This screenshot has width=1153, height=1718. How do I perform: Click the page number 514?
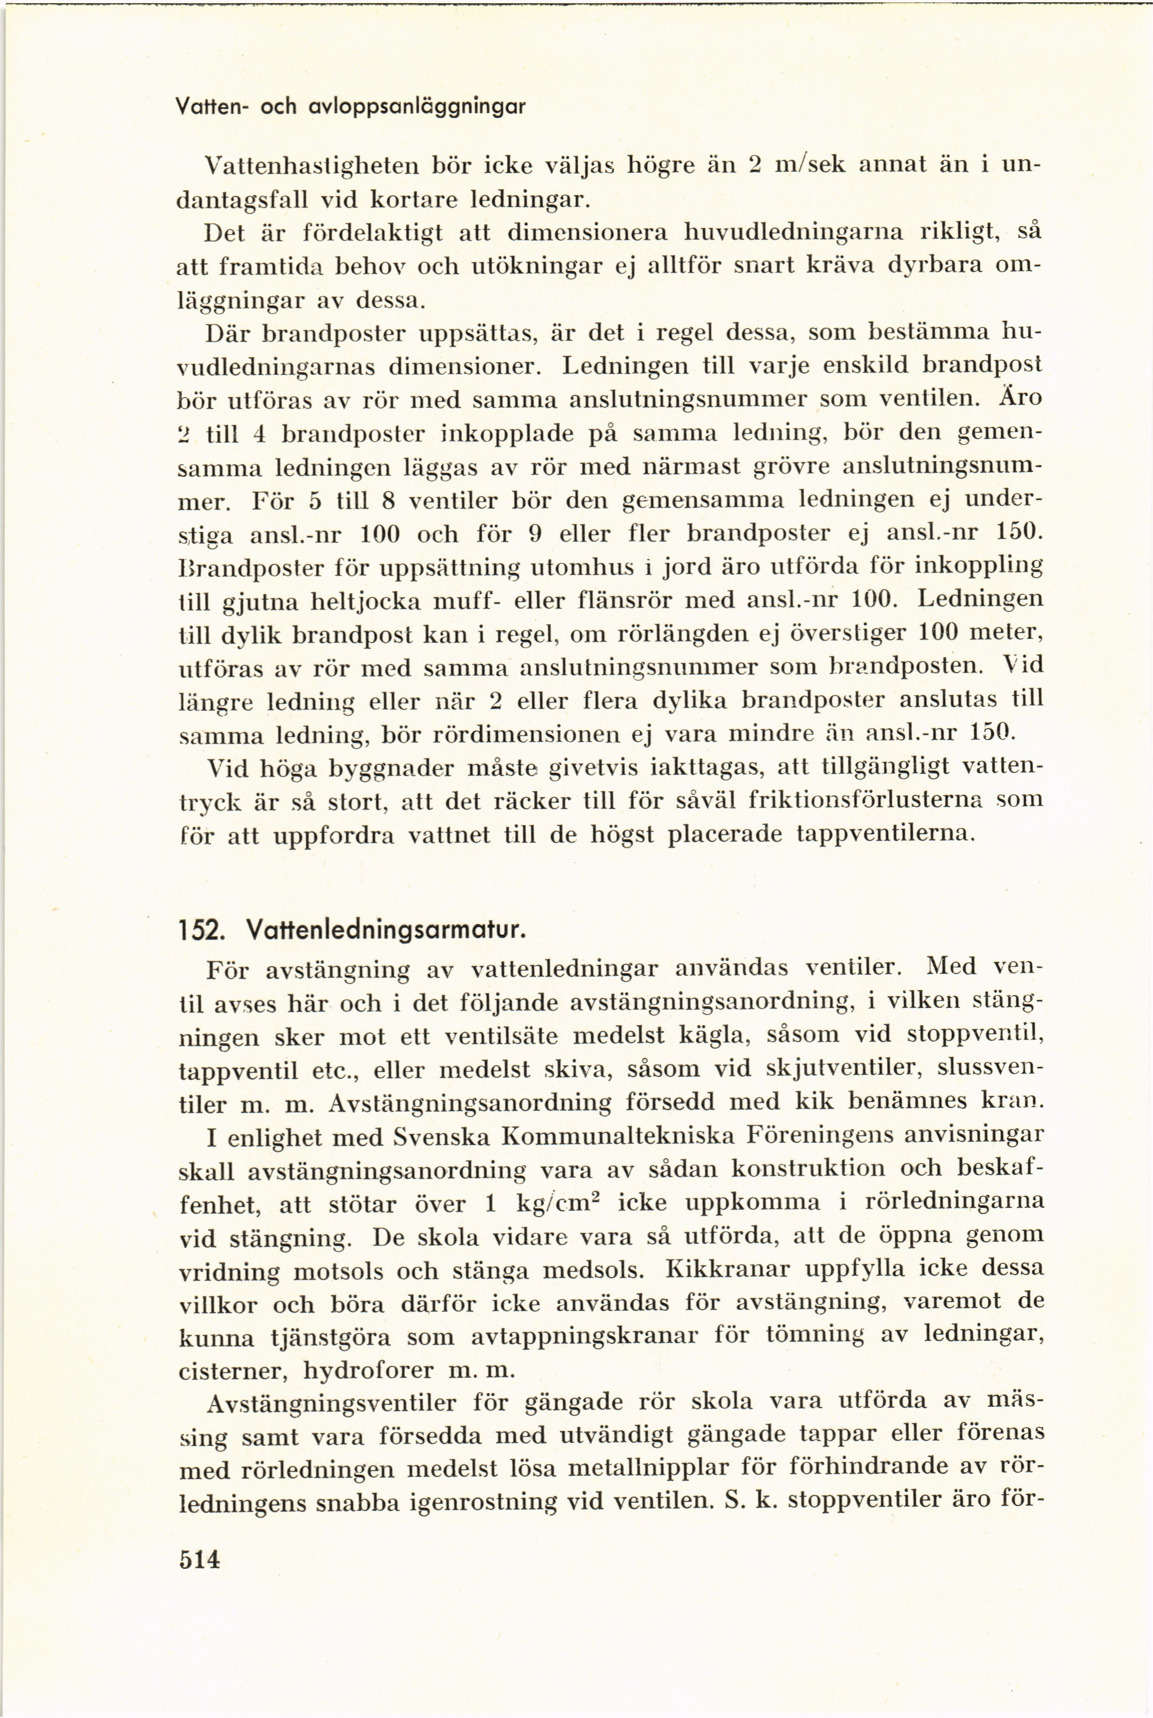coord(199,1559)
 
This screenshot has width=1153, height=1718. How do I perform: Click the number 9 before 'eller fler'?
coord(536,532)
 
